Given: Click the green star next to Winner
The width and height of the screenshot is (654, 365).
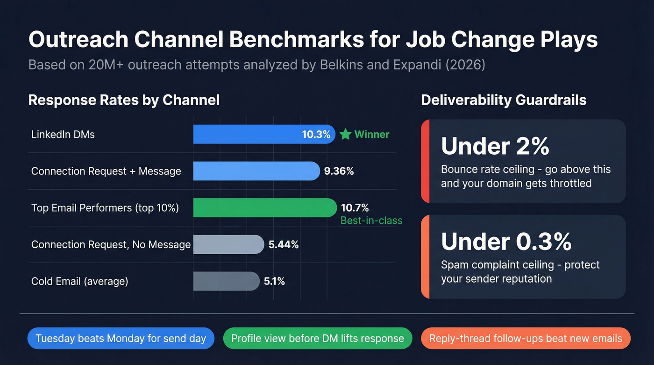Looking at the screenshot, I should point(345,135).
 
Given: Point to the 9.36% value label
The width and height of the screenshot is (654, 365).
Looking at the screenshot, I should point(339,171).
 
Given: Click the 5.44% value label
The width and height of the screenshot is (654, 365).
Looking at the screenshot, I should point(283,244).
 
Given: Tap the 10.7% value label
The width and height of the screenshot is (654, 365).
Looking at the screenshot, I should point(355,208).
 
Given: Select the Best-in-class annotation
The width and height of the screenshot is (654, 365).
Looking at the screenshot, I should point(371,221).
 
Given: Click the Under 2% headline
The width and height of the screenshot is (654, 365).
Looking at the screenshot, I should point(495,146).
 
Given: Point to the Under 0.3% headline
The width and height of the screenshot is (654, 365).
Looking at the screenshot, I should point(506,241).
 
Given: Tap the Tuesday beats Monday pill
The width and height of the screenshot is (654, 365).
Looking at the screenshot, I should point(121,338).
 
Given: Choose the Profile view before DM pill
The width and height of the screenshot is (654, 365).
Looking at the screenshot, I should point(318,338).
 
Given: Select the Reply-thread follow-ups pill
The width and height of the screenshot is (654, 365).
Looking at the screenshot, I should point(526,338).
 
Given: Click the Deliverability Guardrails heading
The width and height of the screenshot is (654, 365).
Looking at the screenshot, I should point(504,100).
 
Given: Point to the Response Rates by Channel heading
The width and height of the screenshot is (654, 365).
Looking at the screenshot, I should point(124,100).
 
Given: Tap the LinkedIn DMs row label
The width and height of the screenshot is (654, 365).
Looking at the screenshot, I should point(63,135).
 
